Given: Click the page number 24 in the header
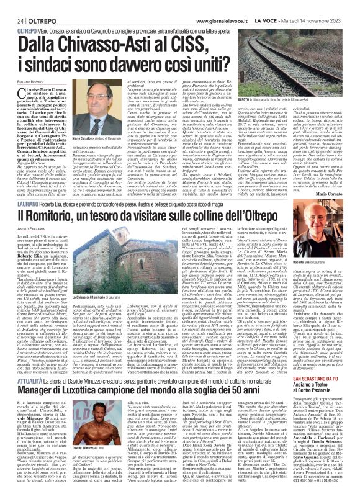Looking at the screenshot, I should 12,6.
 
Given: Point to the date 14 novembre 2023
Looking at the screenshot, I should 335,6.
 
